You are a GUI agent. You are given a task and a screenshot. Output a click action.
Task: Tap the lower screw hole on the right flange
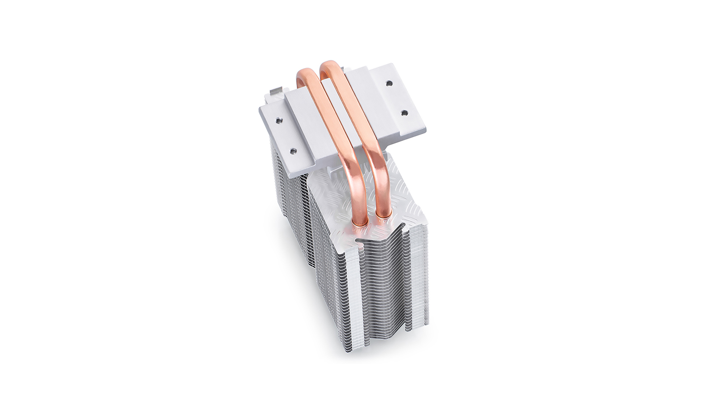coord(404,113)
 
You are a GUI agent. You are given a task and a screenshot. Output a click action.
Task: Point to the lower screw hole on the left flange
coord(293,152)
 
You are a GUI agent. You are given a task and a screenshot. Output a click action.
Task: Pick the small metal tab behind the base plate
coord(276,91)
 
